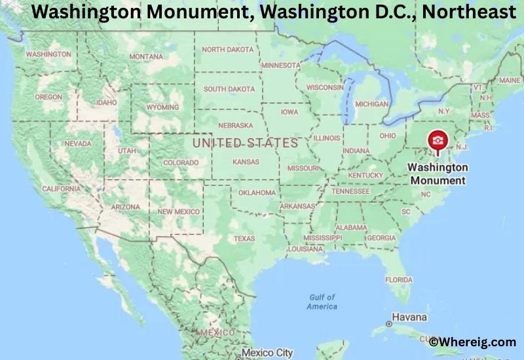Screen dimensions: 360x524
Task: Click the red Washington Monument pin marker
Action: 437,141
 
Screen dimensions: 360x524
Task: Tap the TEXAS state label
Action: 244,238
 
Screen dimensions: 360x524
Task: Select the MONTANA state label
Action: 146,56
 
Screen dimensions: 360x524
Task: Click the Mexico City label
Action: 267,353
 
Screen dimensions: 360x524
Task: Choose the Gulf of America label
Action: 322,302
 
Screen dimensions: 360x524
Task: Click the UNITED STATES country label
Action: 245,142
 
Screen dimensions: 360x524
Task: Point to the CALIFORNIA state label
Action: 61,189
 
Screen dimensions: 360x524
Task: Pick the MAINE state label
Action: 510,80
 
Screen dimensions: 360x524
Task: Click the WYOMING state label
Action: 162,107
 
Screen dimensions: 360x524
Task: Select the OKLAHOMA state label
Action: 257,192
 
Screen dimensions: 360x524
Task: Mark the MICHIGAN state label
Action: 371,104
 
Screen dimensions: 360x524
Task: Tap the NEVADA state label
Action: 78,143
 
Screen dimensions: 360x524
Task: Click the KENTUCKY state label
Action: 365,175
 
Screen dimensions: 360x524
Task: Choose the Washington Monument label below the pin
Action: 438,173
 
